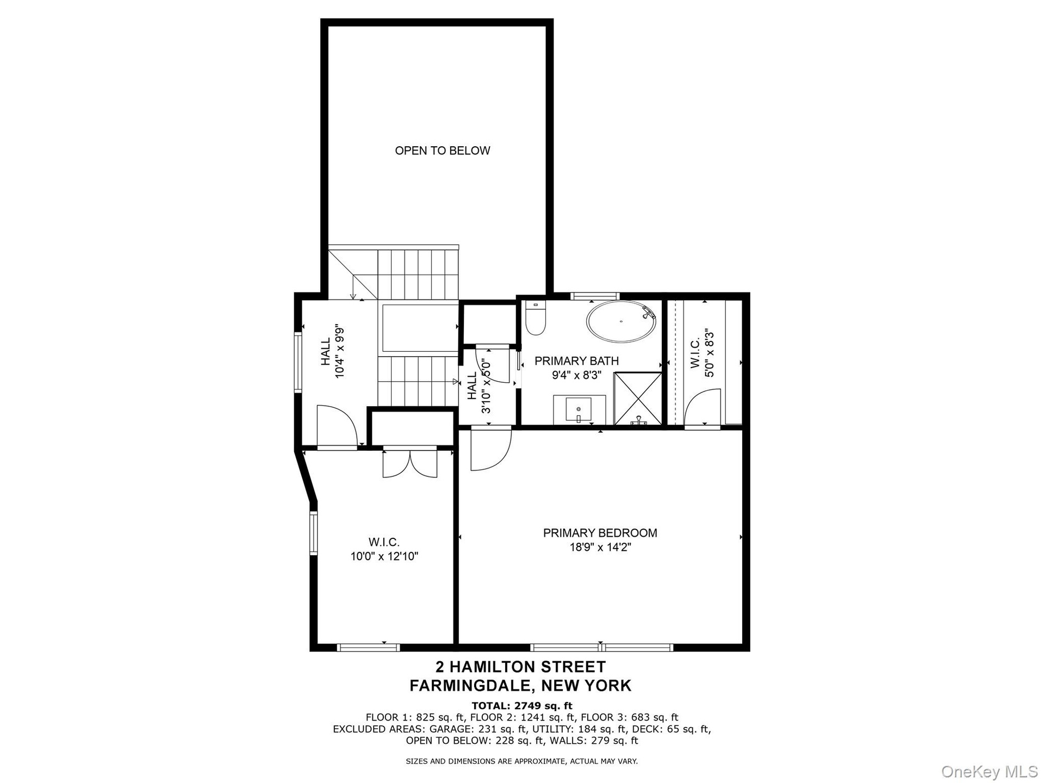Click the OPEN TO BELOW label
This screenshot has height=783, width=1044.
443,151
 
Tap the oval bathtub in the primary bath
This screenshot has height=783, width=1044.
621,321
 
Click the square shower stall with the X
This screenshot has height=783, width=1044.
638,399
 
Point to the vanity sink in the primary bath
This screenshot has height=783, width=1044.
579,409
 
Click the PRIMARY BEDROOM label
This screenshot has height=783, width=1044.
600,533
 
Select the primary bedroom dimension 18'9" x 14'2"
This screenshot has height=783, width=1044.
600,548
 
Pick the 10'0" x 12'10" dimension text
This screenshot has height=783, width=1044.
384,557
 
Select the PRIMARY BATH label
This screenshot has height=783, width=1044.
576,361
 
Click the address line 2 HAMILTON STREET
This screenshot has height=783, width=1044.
521,667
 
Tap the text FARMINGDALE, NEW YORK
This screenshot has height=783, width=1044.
521,686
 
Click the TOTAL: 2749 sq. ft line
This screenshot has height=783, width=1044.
522,706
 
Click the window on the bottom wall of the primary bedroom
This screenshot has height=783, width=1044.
601,647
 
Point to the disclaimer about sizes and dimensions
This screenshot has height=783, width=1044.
522,761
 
